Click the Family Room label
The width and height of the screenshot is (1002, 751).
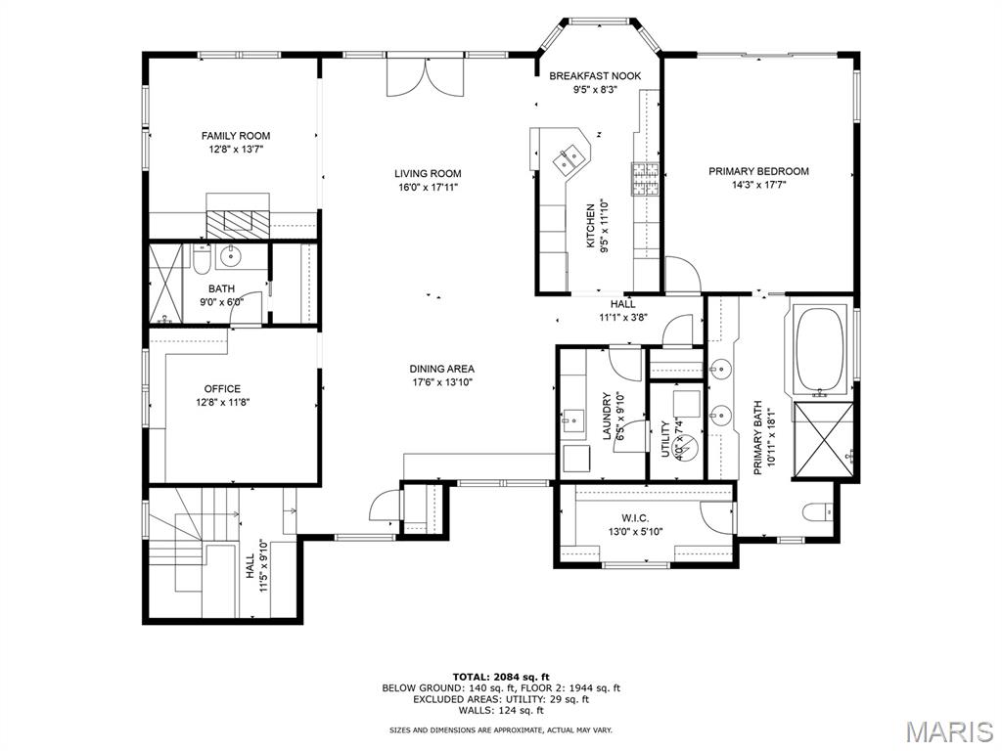(235, 136)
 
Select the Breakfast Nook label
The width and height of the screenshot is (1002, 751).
(595, 76)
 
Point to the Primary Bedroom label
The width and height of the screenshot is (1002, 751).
(758, 171)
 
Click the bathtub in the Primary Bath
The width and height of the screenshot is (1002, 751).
(821, 347)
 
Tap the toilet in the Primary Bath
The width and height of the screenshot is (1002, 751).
(816, 511)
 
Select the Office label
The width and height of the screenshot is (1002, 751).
(222, 389)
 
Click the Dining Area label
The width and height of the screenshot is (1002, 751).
(441, 369)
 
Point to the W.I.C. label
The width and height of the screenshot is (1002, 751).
(636, 518)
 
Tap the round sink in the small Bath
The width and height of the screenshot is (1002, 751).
(230, 257)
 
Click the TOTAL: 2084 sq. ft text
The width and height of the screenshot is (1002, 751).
(501, 677)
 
